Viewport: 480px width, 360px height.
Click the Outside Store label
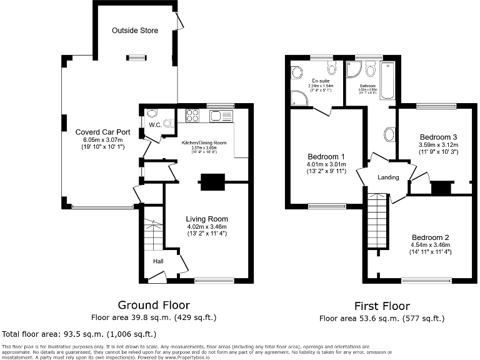[135, 30]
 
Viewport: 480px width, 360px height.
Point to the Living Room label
[207, 219]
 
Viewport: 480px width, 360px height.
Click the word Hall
[159, 261]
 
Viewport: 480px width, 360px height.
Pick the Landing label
[388, 177]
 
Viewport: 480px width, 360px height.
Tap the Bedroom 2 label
[430, 237]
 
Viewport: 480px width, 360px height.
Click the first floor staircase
[378, 222]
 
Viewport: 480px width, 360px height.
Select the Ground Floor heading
[154, 305]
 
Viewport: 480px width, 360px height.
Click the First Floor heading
[382, 306]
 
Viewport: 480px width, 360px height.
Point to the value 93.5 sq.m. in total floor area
[81, 334]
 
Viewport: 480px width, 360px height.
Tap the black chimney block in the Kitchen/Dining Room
[211, 182]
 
